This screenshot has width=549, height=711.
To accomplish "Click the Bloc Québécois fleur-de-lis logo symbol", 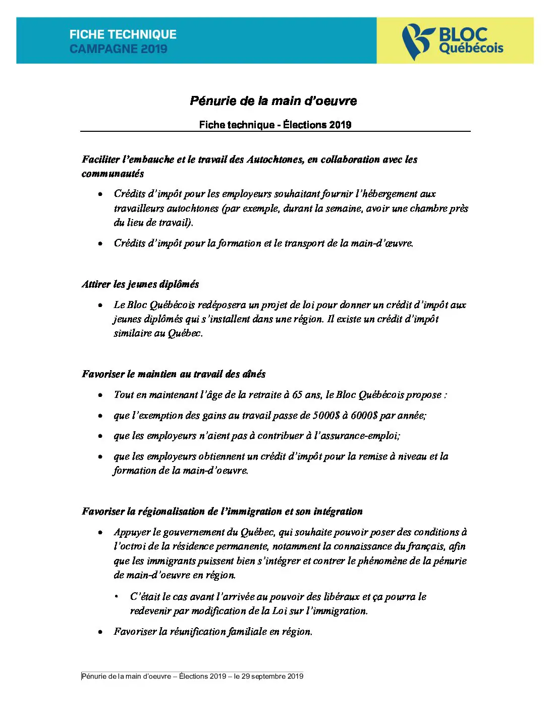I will coord(417,41).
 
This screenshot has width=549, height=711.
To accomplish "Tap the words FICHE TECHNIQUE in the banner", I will coord(123,34).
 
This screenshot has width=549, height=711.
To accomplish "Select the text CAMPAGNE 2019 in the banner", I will coord(119,49).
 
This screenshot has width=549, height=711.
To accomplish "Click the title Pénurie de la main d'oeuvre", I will coord(273,101).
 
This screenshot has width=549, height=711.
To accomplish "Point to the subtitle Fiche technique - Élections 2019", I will coord(275,125).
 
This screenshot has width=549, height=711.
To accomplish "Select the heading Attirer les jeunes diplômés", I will coord(140,284).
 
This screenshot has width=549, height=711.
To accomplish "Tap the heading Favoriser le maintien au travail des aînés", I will coord(174,374).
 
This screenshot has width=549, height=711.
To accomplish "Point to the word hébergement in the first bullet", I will coord(391,194).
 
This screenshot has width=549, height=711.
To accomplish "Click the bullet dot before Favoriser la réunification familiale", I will coord(101,632).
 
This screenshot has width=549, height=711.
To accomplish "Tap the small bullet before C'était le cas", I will coord(117,597).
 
